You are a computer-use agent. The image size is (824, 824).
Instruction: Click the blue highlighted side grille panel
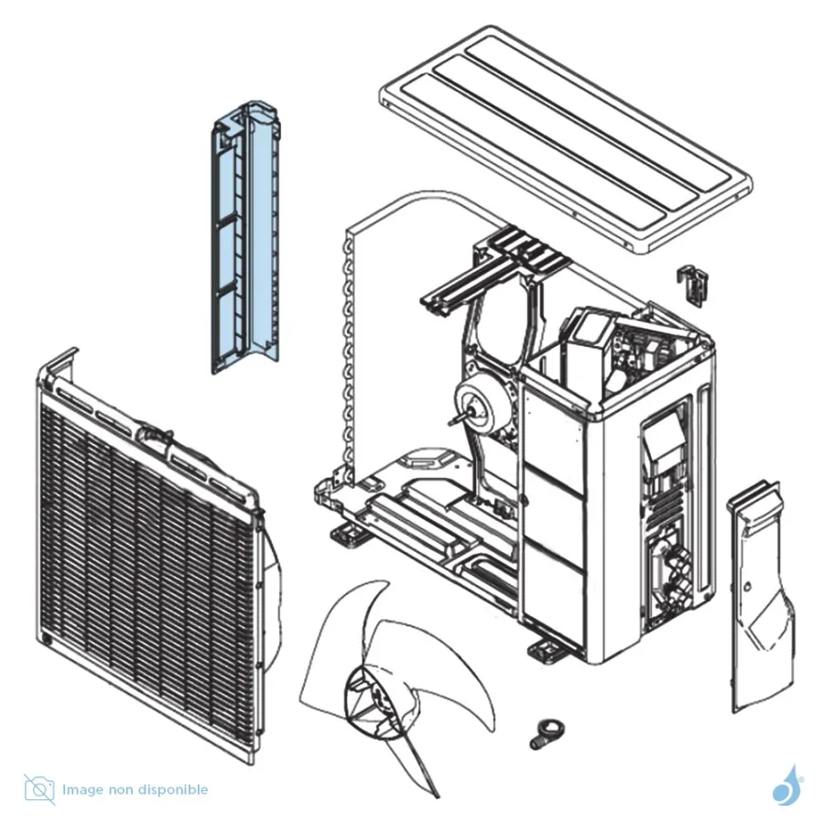coord(246,236)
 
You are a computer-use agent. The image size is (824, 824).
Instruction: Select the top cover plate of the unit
coord(566,139)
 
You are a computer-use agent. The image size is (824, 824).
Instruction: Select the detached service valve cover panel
coord(760,596)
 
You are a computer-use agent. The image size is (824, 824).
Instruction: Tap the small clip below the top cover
coord(693,283)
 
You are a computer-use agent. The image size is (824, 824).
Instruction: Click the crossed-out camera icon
coord(38,789)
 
